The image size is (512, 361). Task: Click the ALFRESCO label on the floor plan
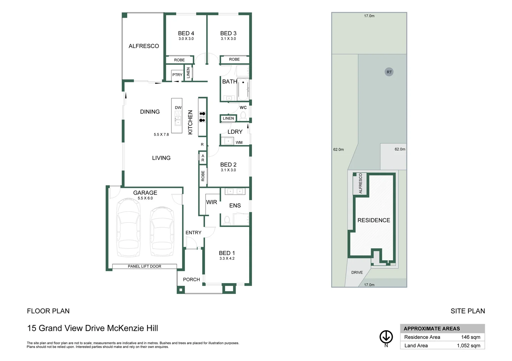pos(144,46)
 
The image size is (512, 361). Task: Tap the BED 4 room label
pos(186,33)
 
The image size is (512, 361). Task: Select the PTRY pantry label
pos(177,75)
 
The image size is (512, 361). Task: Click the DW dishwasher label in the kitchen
pos(178,108)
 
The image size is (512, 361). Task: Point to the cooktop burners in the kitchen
pos(202,117)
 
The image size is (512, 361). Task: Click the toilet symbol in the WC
pos(243,116)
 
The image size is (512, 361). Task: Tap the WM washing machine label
pos(239,142)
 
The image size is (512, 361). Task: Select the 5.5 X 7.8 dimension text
pos(161,135)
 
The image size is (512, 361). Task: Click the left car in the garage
pos(128,227)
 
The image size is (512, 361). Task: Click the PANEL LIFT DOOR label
pos(144,266)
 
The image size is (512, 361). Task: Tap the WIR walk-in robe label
pos(212,202)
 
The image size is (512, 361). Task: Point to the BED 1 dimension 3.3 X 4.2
pos(227,258)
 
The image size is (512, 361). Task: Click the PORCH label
pos(191,279)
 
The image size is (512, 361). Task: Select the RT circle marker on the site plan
pos(389,72)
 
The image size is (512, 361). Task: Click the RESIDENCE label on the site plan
pos(374,220)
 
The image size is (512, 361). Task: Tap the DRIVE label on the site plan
pos(357,272)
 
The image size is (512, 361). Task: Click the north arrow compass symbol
pos(386,337)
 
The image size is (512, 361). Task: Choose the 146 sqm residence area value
pos(470,337)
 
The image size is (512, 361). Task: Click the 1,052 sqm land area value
pos(468,346)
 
